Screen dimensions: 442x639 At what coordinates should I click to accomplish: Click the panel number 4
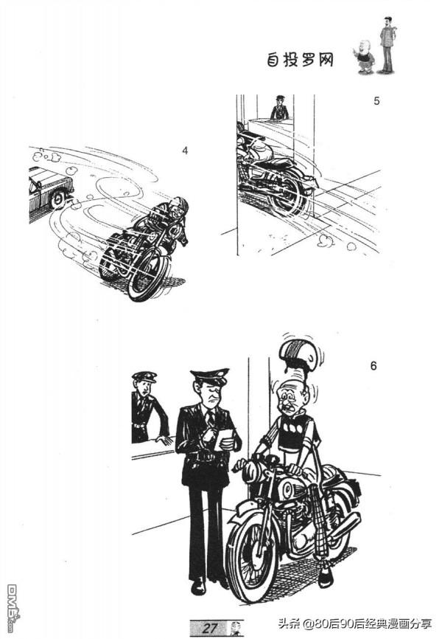point(185,151)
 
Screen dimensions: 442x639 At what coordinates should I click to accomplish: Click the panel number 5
point(376,100)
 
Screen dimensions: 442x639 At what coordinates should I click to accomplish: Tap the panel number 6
point(373,366)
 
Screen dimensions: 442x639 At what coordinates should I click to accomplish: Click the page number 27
point(210,628)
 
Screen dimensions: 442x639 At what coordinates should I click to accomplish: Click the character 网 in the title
point(325,60)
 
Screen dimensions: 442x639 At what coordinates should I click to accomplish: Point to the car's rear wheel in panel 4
point(59,200)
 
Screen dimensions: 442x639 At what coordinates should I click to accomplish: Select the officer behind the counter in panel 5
point(280,108)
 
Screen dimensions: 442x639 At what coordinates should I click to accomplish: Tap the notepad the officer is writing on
point(224,438)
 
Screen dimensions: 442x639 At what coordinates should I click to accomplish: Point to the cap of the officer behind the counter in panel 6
point(144,376)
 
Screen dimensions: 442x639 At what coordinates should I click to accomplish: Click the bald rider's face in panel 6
point(290,397)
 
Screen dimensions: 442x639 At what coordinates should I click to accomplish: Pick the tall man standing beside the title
point(387,45)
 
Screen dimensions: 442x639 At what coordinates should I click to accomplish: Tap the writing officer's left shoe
point(198,586)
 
